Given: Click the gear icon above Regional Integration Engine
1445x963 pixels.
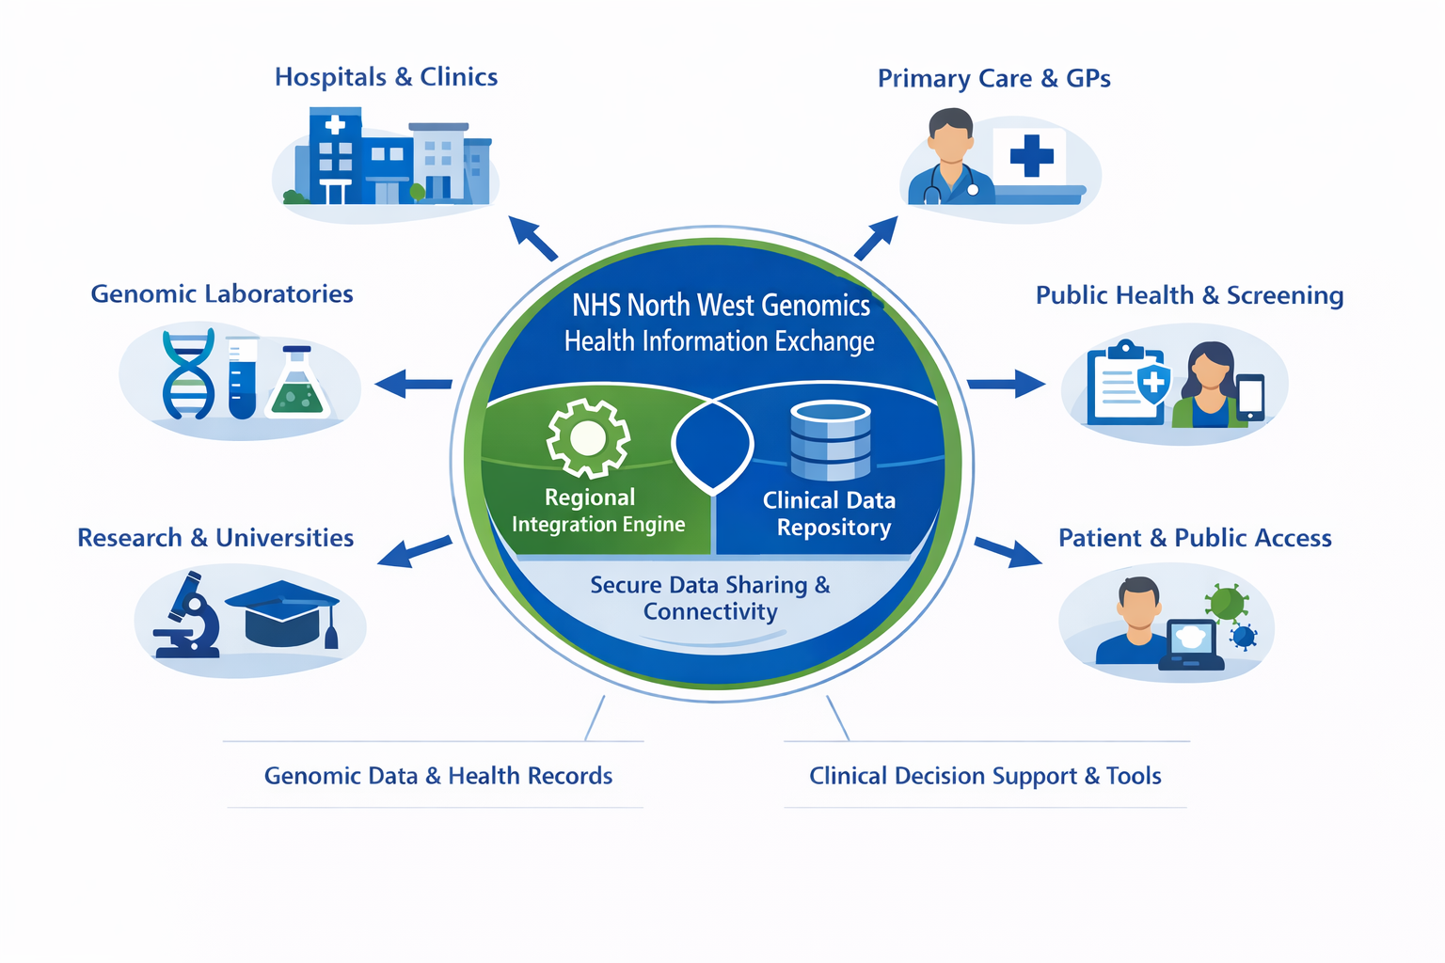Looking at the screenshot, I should point(588,438).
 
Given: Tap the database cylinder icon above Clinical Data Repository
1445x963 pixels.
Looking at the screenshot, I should point(830,440).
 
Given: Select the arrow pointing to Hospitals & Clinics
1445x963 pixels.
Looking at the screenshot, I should point(532,238).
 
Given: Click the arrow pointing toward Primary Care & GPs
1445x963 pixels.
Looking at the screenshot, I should point(876,238).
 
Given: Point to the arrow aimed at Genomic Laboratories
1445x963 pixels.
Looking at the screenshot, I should point(413,384).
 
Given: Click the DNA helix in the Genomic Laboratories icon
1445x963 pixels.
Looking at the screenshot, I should point(188,373).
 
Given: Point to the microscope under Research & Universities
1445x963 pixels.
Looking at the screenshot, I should point(188,615).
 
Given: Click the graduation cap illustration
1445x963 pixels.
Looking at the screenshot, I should point(282,612).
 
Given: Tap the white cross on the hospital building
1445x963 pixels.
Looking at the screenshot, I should point(334,124).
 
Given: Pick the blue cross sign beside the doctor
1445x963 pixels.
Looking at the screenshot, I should point(1031,155).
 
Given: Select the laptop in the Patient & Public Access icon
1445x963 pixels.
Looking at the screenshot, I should point(1191,644).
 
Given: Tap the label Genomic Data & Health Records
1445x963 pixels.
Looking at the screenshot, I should point(437,776).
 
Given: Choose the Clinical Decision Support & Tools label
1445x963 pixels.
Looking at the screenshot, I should point(985,776).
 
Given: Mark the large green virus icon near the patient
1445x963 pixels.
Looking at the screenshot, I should point(1227,603).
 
